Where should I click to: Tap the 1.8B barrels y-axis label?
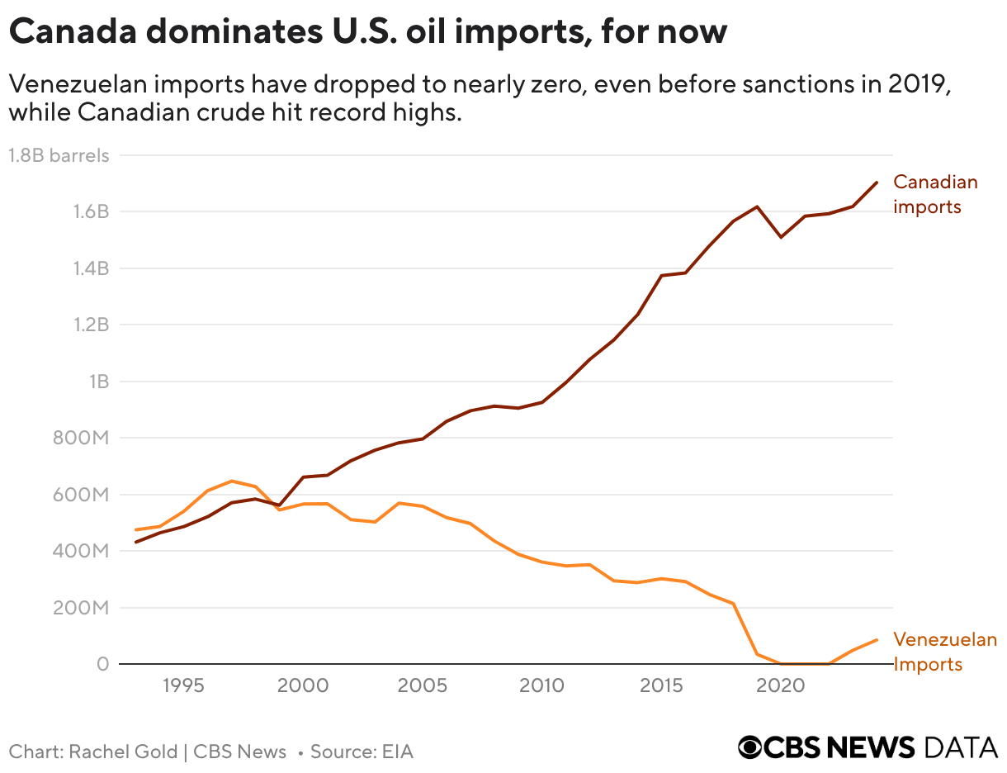click(x=58, y=155)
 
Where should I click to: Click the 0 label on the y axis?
click(x=102, y=664)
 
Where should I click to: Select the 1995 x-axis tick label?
click(x=183, y=687)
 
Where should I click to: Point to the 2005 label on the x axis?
click(x=423, y=687)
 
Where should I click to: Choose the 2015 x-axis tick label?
click(x=661, y=687)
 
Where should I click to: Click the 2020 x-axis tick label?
click(x=781, y=687)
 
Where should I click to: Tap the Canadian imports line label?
click(x=935, y=194)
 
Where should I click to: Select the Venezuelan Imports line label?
click(x=945, y=652)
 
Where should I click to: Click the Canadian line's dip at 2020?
click(x=781, y=237)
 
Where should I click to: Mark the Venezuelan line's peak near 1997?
click(x=232, y=481)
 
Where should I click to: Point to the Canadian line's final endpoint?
click(x=876, y=183)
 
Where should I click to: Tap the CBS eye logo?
click(x=750, y=747)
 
